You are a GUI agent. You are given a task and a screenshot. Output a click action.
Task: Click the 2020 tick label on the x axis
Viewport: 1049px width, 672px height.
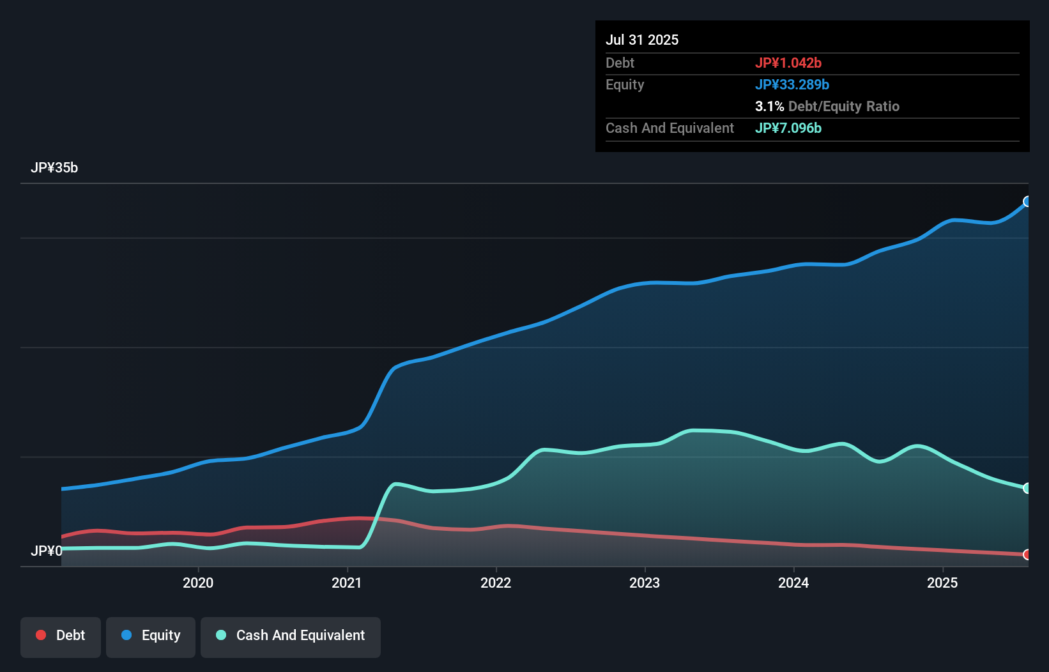pyautogui.click(x=198, y=583)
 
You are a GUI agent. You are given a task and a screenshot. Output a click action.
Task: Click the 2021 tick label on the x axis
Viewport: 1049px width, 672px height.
pyautogui.click(x=347, y=583)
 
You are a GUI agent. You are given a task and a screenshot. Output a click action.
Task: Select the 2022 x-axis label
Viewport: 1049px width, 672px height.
pyautogui.click(x=496, y=583)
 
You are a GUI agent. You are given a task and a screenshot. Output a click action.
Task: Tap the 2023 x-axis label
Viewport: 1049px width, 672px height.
pyautogui.click(x=645, y=583)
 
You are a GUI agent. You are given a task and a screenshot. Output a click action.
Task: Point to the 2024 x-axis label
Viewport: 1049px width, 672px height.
pyautogui.click(x=793, y=583)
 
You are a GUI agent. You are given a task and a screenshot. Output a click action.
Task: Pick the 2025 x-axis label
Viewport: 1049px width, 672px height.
pyautogui.click(x=942, y=583)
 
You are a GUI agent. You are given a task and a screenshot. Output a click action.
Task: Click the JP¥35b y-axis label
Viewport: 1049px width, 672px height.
pyautogui.click(x=54, y=168)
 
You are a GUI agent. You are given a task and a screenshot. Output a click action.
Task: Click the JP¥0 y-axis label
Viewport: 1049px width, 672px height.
pyautogui.click(x=47, y=551)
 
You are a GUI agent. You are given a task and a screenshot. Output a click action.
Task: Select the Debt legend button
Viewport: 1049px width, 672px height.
pyautogui.click(x=61, y=636)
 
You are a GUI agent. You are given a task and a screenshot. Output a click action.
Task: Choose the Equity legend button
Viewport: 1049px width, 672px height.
pyautogui.click(x=151, y=636)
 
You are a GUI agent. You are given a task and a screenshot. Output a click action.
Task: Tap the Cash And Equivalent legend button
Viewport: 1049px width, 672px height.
pyautogui.click(x=291, y=636)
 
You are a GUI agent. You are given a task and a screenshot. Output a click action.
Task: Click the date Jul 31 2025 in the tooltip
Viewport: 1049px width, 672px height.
pyautogui.click(x=642, y=40)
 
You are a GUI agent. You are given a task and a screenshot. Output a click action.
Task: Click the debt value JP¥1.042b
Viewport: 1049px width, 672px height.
pyautogui.click(x=788, y=63)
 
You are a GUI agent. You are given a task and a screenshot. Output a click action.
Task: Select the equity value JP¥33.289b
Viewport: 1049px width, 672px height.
pyautogui.click(x=792, y=84)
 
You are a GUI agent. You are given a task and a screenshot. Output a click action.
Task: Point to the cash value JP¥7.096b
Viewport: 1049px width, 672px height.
pyautogui.click(x=788, y=128)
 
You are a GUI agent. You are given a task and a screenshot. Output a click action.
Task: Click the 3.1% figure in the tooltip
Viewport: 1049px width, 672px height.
pyautogui.click(x=769, y=107)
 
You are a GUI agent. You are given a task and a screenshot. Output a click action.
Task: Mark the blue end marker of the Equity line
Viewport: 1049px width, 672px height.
pyautogui.click(x=1027, y=202)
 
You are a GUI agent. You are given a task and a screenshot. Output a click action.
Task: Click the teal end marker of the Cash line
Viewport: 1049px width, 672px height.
pyautogui.click(x=1027, y=488)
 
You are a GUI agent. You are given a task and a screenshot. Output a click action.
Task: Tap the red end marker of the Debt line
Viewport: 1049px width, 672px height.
pyautogui.click(x=1027, y=554)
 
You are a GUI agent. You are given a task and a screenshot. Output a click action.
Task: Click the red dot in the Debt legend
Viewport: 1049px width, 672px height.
pyautogui.click(x=41, y=635)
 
